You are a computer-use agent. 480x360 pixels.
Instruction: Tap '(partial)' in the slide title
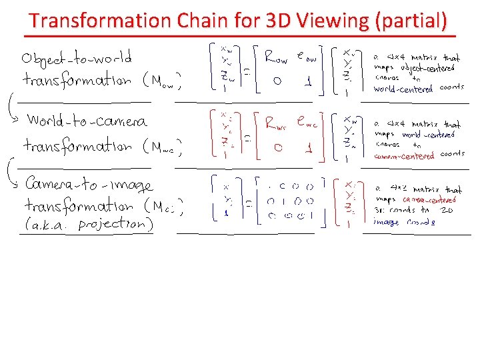coord(411,21)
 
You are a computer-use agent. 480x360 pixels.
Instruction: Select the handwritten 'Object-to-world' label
coord(77,57)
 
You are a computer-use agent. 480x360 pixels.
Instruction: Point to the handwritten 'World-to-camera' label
coord(87,121)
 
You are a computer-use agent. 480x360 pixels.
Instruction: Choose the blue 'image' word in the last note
coord(387,223)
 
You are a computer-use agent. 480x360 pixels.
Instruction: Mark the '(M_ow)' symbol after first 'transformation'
coord(162,82)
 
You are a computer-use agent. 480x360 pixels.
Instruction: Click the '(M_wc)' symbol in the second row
coord(163,145)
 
